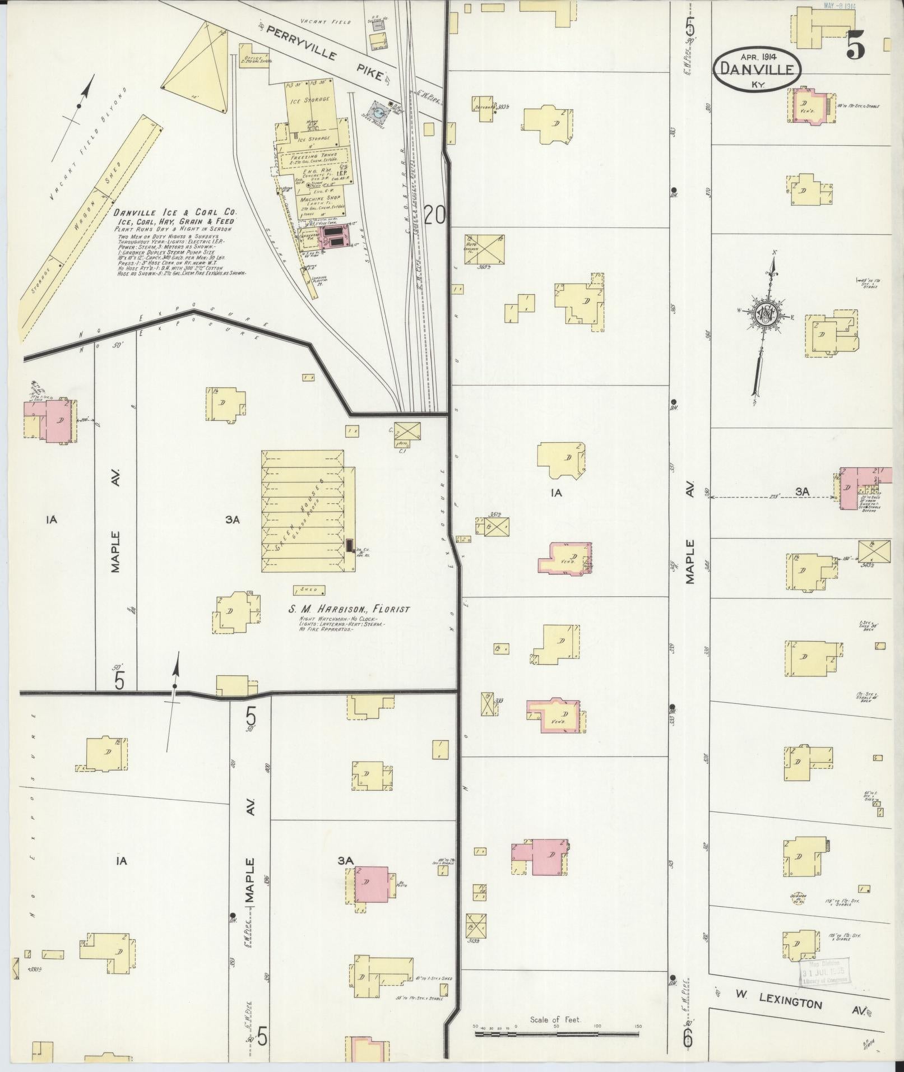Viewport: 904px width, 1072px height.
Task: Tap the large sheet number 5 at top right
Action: click(855, 44)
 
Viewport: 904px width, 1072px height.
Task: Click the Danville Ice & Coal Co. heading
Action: click(175, 213)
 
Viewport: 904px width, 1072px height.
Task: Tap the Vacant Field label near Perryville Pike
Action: click(325, 22)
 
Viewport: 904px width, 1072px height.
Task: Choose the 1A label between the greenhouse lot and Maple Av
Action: click(556, 493)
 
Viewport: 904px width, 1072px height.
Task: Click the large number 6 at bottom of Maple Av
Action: click(688, 1038)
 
